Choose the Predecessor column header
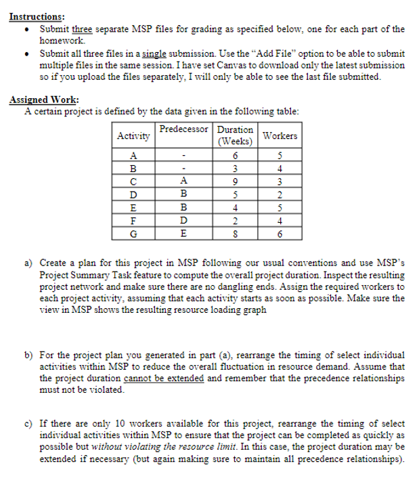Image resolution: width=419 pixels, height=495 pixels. click(x=184, y=129)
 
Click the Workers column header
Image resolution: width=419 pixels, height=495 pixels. click(x=280, y=135)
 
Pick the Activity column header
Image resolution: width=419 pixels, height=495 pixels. click(x=133, y=135)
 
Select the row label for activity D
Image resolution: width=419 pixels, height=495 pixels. click(x=133, y=194)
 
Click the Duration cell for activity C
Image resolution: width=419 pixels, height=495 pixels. click(x=234, y=181)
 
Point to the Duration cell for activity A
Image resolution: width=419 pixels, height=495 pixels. click(x=234, y=155)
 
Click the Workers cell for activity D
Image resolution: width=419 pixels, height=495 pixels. click(x=280, y=194)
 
